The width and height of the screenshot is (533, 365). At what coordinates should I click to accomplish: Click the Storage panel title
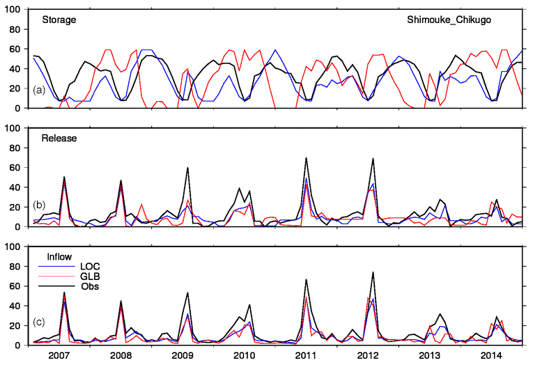[x=54, y=20]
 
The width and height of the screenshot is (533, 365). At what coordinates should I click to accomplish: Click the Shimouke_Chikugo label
[x=449, y=20]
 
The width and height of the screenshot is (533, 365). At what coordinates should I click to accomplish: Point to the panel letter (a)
[x=40, y=89]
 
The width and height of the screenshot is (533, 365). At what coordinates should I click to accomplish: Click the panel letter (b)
[x=40, y=206]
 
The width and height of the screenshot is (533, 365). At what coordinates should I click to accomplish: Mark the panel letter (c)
[x=40, y=325]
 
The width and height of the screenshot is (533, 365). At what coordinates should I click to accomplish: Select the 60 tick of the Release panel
[x=17, y=168]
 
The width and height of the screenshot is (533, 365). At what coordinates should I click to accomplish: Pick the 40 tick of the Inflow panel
[x=17, y=306]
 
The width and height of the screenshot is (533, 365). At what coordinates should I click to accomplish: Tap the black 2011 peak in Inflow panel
[x=306, y=279]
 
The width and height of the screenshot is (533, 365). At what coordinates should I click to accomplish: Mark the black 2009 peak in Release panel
[x=188, y=168]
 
